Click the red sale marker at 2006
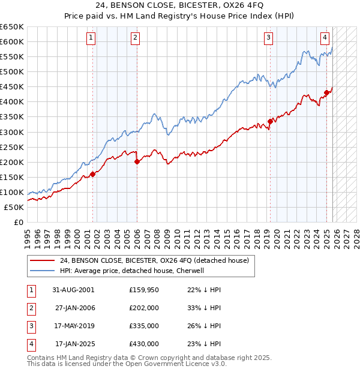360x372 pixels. pyautogui.click(x=137, y=161)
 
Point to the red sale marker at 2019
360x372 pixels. pyautogui.click(x=270, y=121)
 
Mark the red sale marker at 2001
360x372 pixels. pyautogui.click(x=93, y=174)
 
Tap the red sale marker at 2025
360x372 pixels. pyautogui.click(x=326, y=92)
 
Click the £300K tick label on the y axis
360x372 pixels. pyautogui.click(x=12, y=132)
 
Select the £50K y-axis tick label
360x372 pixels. pyautogui.click(x=14, y=207)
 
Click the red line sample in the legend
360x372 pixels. pyautogui.click(x=43, y=260)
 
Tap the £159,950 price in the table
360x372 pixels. pyautogui.click(x=144, y=290)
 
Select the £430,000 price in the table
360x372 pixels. pyautogui.click(x=144, y=344)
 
